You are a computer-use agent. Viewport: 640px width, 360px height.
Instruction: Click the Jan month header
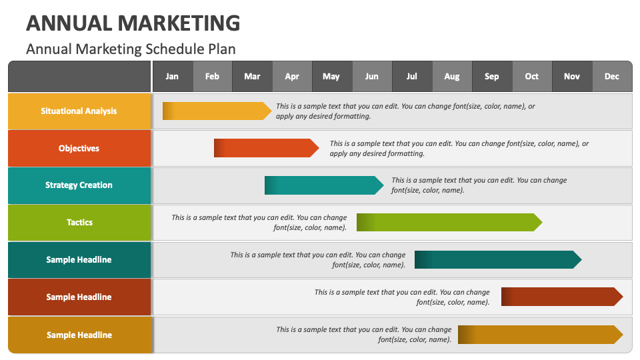pyautogui.click(x=172, y=76)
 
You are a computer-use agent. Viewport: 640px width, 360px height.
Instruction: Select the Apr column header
pyautogui.click(x=292, y=76)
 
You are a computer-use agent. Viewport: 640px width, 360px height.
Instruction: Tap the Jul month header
pyautogui.click(x=412, y=76)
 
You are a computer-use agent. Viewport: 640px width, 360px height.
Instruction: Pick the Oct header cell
pyautogui.click(x=532, y=76)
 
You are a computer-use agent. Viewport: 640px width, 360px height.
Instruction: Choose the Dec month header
pyautogui.click(x=612, y=76)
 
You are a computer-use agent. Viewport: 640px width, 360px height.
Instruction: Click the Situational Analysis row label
pyautogui.click(x=79, y=111)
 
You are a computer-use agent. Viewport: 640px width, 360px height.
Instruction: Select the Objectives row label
pyautogui.click(x=79, y=148)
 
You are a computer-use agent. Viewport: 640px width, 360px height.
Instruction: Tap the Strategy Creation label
pyautogui.click(x=79, y=185)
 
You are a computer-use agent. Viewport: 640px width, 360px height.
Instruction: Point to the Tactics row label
pyautogui.click(x=79, y=223)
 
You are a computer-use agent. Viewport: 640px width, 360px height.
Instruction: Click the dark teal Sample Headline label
pyautogui.click(x=79, y=259)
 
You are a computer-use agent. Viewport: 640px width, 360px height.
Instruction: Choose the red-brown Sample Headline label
pyautogui.click(x=79, y=297)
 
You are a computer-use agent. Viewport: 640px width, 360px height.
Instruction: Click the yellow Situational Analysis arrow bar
pyautogui.click(x=217, y=111)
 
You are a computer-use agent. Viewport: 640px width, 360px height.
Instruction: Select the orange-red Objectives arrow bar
pyautogui.click(x=266, y=148)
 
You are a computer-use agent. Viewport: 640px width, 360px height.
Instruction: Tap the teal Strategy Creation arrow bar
pyautogui.click(x=324, y=185)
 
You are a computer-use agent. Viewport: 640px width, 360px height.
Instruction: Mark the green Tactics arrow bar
pyautogui.click(x=449, y=223)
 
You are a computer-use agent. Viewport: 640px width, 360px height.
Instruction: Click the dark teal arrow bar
pyautogui.click(x=498, y=259)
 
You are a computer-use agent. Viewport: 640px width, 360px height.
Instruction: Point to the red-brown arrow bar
pyautogui.click(x=562, y=297)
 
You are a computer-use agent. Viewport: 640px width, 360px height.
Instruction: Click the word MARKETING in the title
pyautogui.click(x=179, y=23)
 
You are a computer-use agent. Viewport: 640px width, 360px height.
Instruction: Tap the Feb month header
pyautogui.click(x=212, y=76)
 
